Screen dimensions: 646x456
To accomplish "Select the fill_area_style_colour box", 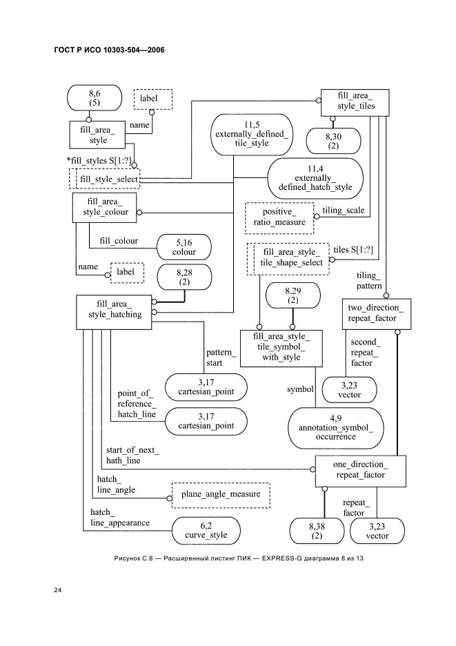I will click(104, 208).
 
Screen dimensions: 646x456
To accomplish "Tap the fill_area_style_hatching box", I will click(114, 309).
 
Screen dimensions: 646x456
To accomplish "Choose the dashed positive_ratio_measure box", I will click(279, 217).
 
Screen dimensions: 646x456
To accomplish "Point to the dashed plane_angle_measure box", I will click(220, 495).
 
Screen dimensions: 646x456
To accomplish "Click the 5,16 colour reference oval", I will click(184, 247).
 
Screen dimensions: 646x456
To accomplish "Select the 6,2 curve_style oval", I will click(209, 530).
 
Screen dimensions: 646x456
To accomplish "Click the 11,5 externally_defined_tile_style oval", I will click(251, 133).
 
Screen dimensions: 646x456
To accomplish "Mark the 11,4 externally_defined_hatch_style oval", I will click(315, 177).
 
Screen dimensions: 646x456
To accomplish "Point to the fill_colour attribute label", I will click(119, 241).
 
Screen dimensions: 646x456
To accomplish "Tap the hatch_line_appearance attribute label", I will click(119, 518).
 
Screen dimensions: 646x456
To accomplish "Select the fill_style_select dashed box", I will click(105, 179).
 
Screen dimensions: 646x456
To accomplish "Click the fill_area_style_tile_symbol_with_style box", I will click(278, 347).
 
